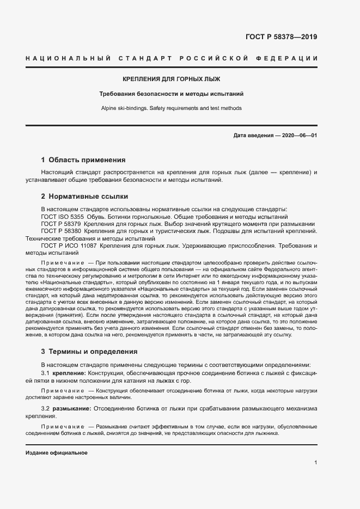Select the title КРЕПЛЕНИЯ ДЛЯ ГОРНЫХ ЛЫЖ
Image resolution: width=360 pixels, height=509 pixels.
(x=172, y=79)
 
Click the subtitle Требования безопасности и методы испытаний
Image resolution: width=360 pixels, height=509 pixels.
(x=172, y=94)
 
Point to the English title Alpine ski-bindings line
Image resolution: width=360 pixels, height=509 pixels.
(x=172, y=108)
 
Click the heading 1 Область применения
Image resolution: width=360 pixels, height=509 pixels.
(x=83, y=160)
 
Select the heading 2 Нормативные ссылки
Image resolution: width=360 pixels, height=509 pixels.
(x=84, y=196)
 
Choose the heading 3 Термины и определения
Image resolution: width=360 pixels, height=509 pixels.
(x=89, y=352)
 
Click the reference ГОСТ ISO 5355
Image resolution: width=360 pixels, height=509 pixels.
(x=63, y=216)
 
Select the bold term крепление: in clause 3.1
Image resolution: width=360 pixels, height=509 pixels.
(x=69, y=373)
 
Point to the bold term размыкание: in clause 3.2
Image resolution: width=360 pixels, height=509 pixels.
(x=72, y=408)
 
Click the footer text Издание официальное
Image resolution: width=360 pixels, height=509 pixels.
(x=57, y=453)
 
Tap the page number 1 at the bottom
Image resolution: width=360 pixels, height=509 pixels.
(x=315, y=463)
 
